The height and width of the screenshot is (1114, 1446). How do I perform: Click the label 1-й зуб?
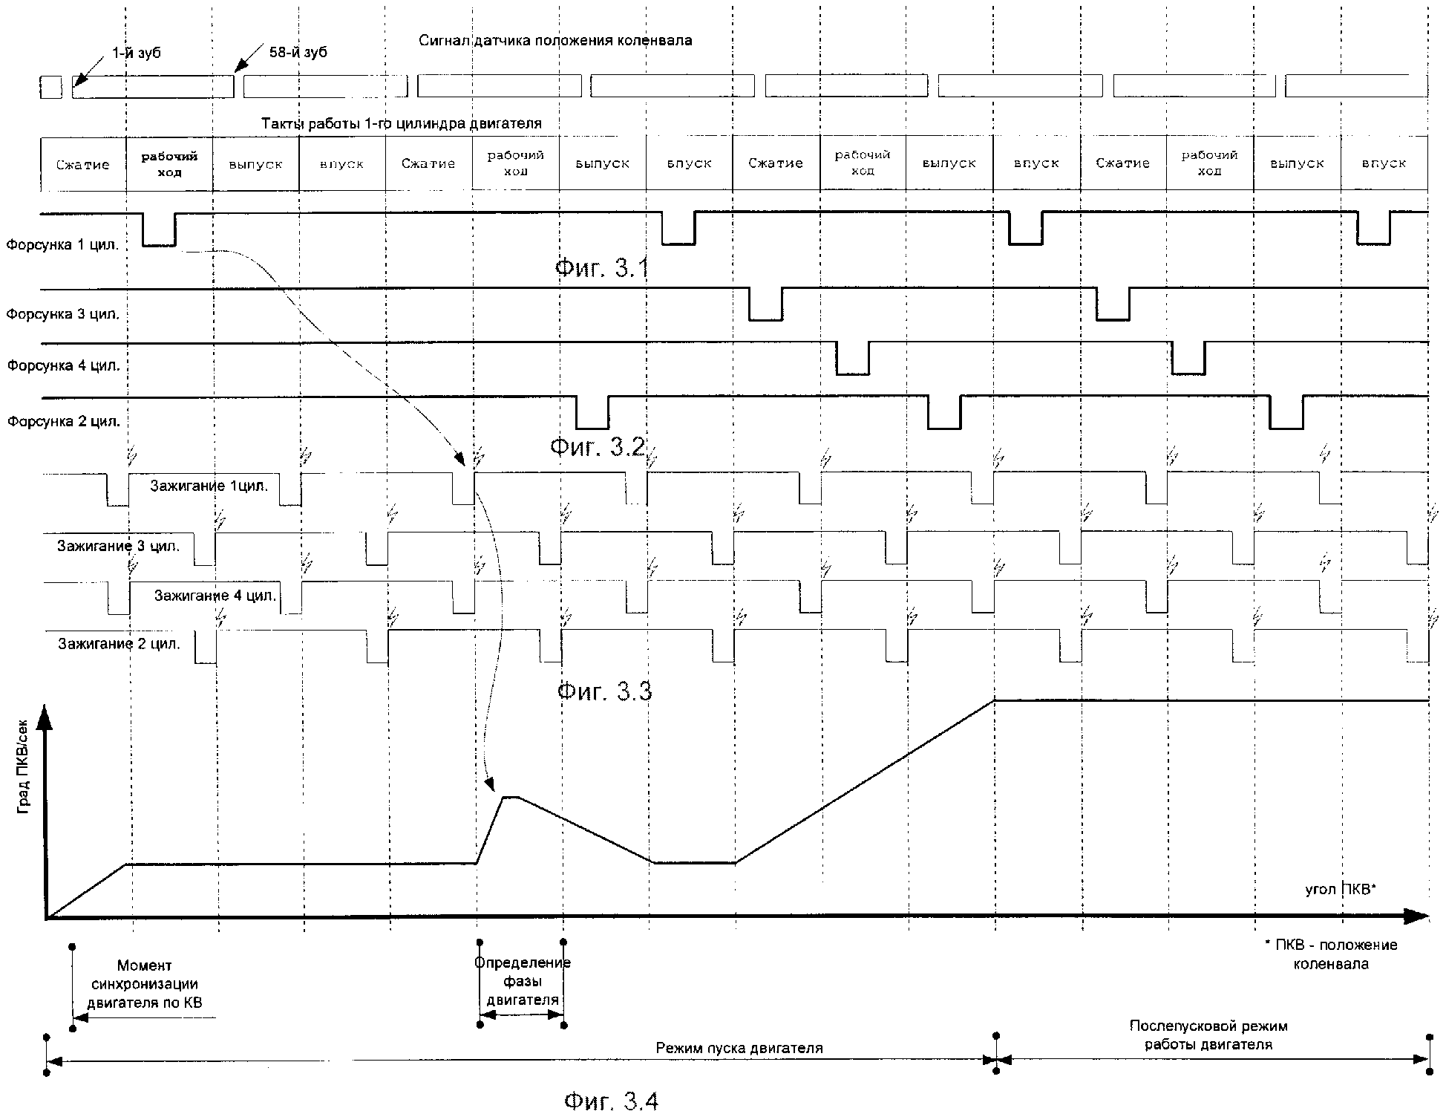click(x=136, y=53)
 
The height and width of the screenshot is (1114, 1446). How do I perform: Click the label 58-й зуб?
click(x=298, y=53)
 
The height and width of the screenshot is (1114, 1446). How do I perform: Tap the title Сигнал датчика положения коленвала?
click(x=555, y=40)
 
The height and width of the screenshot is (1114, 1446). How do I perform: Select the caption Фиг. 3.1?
click(x=602, y=268)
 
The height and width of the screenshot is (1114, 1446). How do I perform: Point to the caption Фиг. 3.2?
click(x=598, y=447)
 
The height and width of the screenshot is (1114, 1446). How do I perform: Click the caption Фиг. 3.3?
click(x=604, y=691)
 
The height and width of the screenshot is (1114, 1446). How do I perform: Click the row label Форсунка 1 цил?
click(x=62, y=244)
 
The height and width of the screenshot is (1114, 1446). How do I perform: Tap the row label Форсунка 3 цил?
click(x=63, y=314)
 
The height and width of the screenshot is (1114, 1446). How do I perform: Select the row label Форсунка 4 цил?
click(x=64, y=366)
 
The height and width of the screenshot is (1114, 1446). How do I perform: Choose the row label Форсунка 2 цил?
click(x=64, y=422)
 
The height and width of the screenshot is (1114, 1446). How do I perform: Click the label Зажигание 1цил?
click(x=209, y=486)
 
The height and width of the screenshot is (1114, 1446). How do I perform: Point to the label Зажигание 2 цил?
click(x=120, y=644)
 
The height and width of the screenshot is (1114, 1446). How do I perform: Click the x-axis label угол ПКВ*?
click(x=1341, y=889)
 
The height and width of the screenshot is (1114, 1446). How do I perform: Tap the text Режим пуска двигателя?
click(x=739, y=1049)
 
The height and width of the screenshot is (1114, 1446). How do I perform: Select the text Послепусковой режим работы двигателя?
click(x=1208, y=1035)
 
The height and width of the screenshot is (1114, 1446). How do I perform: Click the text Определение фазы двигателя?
click(x=523, y=982)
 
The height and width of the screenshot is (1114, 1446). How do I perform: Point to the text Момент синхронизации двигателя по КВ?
click(x=145, y=984)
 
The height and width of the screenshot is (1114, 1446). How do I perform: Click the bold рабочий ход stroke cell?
click(x=170, y=164)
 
